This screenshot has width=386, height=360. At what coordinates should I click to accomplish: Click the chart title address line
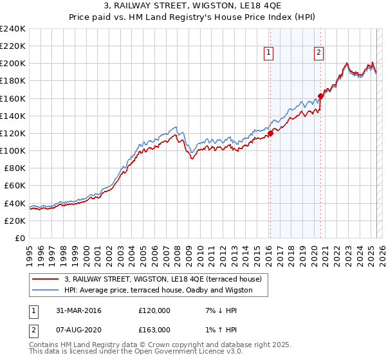pos(193,6)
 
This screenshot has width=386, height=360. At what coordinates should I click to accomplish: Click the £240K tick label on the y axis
pos(13,29)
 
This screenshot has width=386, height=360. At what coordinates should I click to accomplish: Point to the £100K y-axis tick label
pos(13,150)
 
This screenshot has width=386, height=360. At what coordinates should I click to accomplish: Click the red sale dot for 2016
pos(270,133)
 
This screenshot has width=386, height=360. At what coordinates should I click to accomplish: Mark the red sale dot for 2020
pos(320,96)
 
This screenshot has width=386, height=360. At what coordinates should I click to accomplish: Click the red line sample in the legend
pos(46,280)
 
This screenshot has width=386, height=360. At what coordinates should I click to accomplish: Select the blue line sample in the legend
pos(46,291)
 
